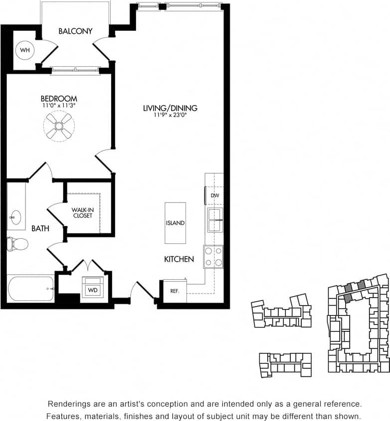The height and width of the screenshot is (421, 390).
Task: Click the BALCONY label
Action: point(75,31)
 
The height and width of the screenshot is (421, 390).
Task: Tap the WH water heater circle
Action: point(24,50)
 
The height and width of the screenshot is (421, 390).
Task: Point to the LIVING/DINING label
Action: point(170,108)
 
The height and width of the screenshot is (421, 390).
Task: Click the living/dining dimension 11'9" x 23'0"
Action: point(170,115)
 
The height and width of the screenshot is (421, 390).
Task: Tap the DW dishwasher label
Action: point(215,196)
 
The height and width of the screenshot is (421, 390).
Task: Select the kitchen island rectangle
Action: point(175,223)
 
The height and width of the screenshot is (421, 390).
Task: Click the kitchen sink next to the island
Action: point(215,220)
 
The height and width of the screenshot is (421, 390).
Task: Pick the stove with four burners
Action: point(213,257)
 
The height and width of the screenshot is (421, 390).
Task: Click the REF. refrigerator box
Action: point(175,291)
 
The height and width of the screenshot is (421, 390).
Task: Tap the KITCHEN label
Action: point(179,259)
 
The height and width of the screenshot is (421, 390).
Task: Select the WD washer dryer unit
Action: point(93,289)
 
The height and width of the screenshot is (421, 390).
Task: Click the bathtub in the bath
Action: point(31,289)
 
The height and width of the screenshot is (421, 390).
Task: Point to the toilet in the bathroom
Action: point(18,244)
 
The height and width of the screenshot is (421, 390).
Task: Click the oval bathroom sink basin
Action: point(15,217)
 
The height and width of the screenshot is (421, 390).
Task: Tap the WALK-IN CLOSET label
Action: point(82,212)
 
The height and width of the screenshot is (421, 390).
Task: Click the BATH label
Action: point(40,229)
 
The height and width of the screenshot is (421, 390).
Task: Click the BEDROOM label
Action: point(59,99)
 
